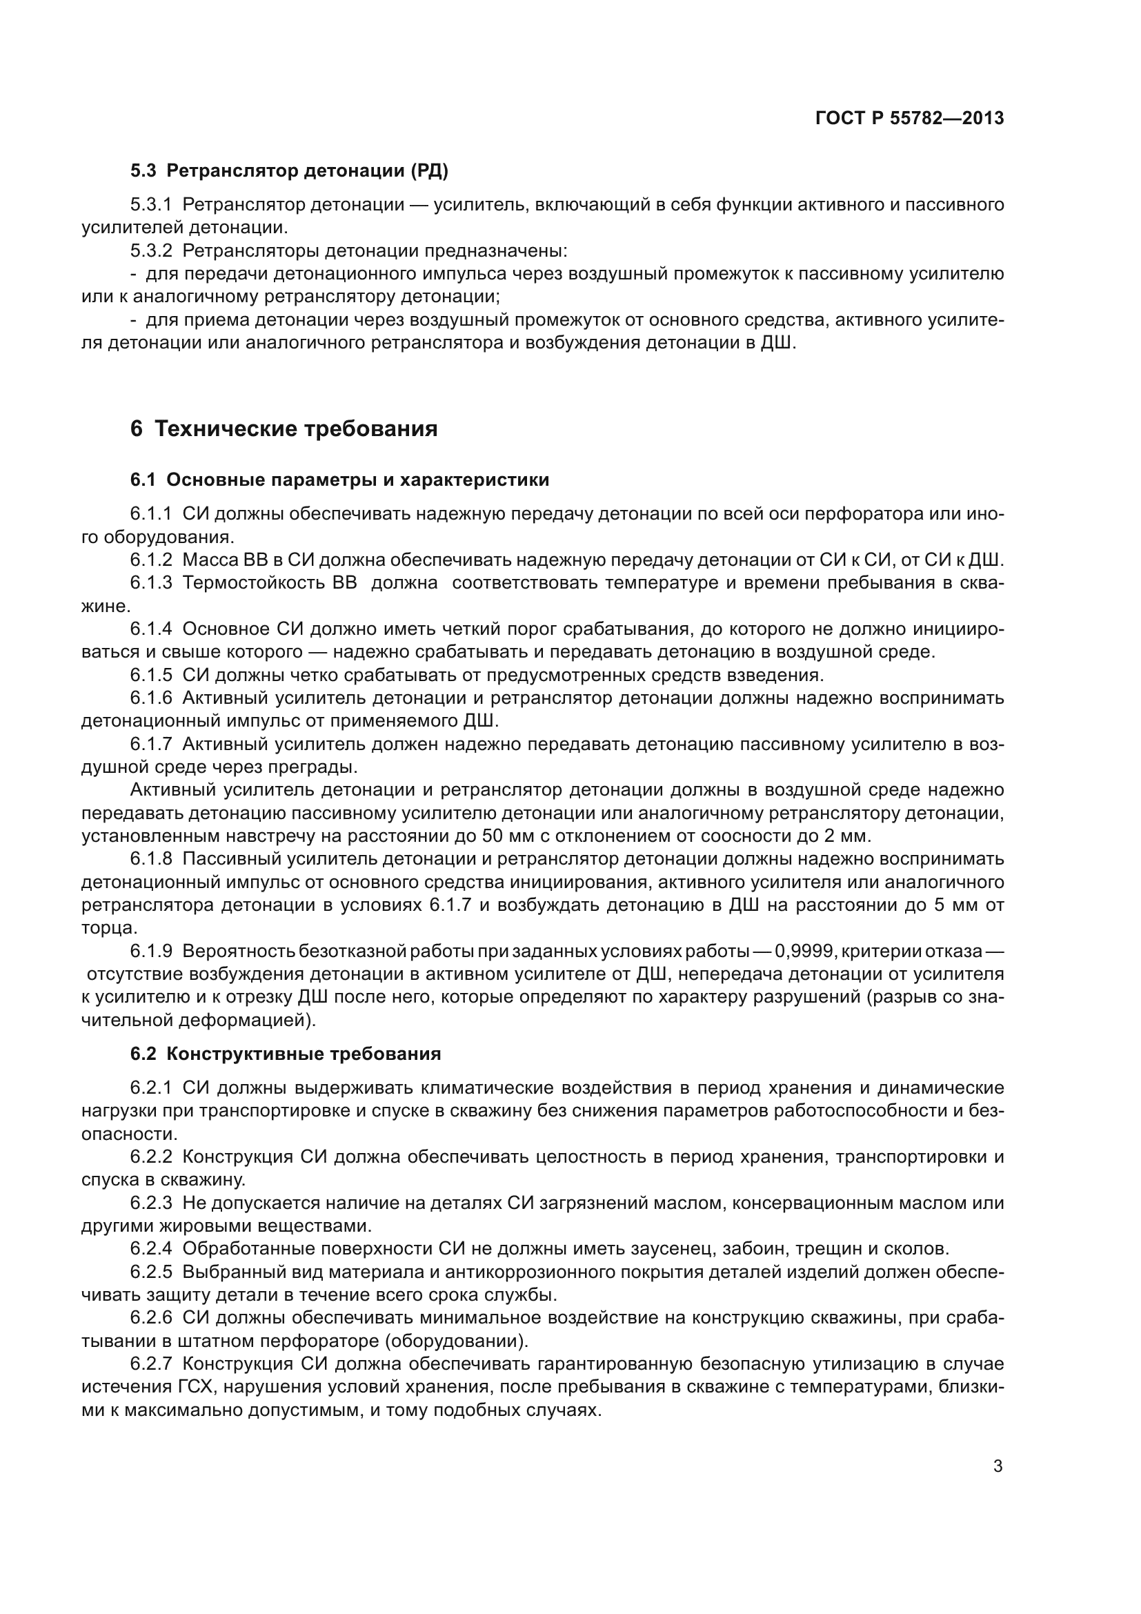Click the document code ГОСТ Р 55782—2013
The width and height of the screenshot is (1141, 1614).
click(909, 118)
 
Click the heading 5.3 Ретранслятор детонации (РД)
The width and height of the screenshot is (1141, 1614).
click(289, 171)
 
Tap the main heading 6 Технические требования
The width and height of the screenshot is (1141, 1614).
click(283, 429)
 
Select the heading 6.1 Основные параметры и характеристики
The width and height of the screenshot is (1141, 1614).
click(339, 480)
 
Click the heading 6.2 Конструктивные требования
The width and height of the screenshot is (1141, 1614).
click(286, 1054)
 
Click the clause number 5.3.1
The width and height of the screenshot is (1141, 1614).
click(151, 205)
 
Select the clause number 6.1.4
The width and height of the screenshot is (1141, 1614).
click(151, 629)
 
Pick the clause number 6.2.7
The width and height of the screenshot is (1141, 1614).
click(151, 1364)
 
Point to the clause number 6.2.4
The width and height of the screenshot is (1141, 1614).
click(151, 1249)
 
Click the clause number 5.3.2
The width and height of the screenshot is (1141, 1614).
click(151, 251)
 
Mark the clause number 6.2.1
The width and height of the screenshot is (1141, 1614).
click(151, 1088)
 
